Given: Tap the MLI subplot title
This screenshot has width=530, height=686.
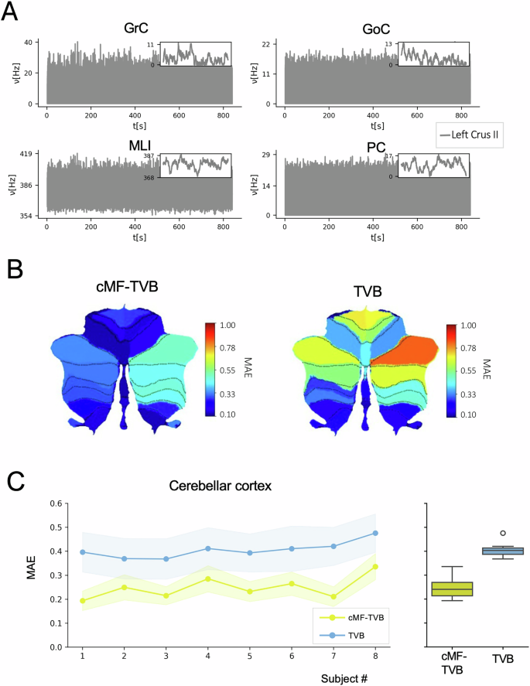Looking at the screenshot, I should [136, 145].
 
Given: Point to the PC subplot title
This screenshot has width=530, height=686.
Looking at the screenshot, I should [376, 145].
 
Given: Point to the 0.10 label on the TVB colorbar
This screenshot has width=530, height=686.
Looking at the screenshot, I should [469, 415].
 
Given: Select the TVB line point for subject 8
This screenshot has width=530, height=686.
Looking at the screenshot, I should [375, 533].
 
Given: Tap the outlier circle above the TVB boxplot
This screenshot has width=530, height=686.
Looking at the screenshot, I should [503, 533].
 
